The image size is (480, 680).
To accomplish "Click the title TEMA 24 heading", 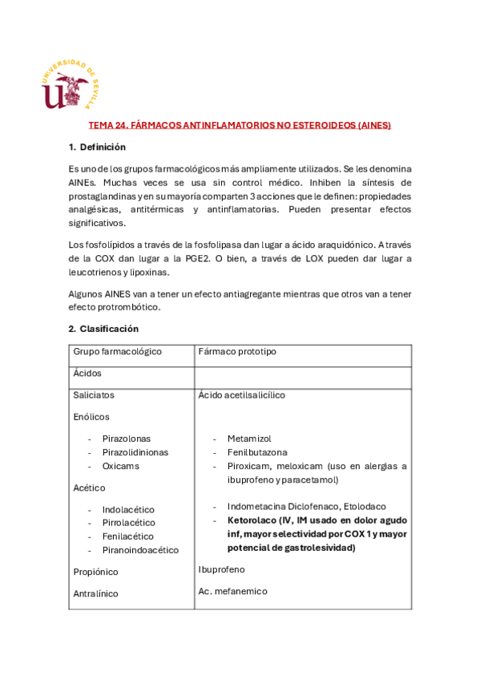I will tap(240, 126).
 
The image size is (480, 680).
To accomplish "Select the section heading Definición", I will tap(97, 148).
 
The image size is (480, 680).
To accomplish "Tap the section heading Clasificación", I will tap(103, 329).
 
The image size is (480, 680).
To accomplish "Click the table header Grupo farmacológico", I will tap(117, 351).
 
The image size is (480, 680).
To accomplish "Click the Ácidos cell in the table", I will tap(87, 374).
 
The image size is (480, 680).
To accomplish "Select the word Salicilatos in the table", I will tap(94, 395).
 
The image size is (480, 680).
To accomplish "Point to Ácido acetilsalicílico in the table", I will tap(241, 395).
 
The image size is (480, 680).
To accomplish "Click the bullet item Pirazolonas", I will tap(126, 439).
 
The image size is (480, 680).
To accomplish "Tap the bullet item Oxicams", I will tap(120, 466).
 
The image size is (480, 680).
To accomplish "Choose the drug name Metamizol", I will tap(249, 439).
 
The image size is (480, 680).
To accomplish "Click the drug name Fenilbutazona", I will tap(256, 452).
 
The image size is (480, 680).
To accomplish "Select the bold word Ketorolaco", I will tap(253, 520).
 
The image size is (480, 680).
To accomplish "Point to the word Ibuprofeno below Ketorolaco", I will tap(222, 569).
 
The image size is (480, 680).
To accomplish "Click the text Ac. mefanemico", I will tap(232, 591).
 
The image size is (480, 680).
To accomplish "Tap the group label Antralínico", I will tap(95, 593).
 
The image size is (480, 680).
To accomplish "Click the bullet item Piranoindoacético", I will tap(140, 550).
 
